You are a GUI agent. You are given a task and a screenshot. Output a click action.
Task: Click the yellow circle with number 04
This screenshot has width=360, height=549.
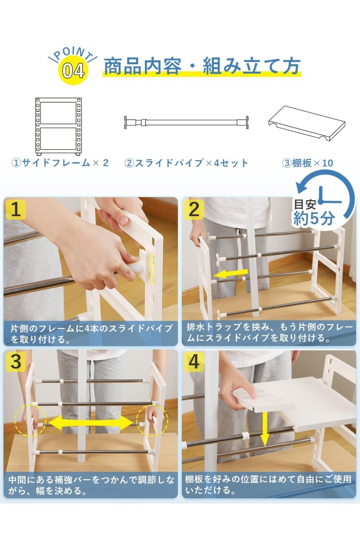coord(73,70)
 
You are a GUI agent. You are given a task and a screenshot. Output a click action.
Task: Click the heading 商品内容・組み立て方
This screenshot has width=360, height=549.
coord(202,66)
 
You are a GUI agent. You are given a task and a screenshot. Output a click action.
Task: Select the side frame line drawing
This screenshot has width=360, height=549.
coord(58,127)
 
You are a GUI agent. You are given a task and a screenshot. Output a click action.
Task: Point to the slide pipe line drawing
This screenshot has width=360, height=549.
coord(186,123)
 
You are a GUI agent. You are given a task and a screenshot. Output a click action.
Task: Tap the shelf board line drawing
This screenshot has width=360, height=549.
coord(307,123)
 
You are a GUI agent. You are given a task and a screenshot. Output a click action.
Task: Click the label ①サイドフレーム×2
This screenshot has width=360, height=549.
coord(60,163)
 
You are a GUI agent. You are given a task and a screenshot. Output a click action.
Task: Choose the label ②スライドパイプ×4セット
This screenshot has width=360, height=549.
coord(186,163)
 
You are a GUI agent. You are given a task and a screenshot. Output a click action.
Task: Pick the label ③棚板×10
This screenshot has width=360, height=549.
coord(308,163)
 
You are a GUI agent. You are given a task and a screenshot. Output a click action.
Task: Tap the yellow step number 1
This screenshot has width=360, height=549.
coord(15,209)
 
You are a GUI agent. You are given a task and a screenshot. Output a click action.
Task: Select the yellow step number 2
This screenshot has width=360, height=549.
coord(194,209)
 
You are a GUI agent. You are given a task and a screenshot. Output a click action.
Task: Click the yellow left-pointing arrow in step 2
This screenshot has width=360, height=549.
coord(230,274)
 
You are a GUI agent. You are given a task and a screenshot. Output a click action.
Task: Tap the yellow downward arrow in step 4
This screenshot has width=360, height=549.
coord(265,429)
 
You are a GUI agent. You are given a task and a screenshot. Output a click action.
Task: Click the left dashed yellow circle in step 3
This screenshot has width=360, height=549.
coord(30,420)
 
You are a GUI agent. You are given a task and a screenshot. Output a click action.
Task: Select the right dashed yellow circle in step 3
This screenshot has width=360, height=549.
coord(152,420)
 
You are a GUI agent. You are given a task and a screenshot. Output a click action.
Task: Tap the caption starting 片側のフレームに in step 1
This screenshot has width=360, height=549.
coord(92,334)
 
